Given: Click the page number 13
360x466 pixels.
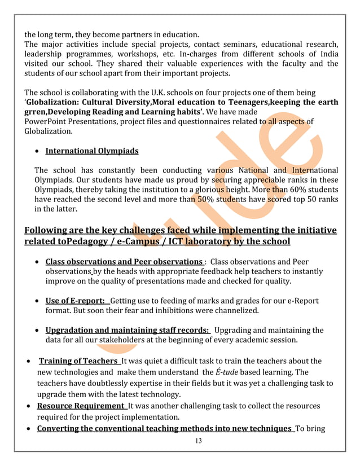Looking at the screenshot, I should point(197,441).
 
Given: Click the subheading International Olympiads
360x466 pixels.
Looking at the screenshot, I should point(92,151).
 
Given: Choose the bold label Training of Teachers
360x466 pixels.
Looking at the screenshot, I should point(78,361).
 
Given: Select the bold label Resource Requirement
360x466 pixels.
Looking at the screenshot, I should point(81,406).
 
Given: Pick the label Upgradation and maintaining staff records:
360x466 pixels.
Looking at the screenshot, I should point(128,330).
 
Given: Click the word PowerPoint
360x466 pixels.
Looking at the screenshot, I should point(46,121).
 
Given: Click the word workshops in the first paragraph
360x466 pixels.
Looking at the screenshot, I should point(146,54).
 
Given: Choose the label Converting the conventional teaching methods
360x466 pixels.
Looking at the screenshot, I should point(164,428).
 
